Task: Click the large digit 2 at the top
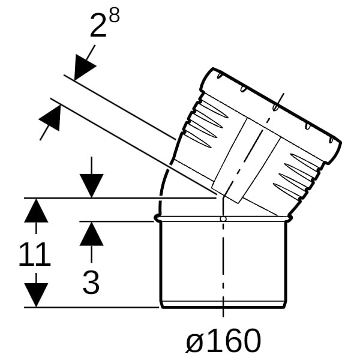point(98,25)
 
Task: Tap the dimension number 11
point(34,254)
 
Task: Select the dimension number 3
point(91,282)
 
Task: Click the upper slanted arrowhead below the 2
point(83,67)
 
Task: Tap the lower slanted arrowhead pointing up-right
point(51,118)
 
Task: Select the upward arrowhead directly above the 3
point(91,234)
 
